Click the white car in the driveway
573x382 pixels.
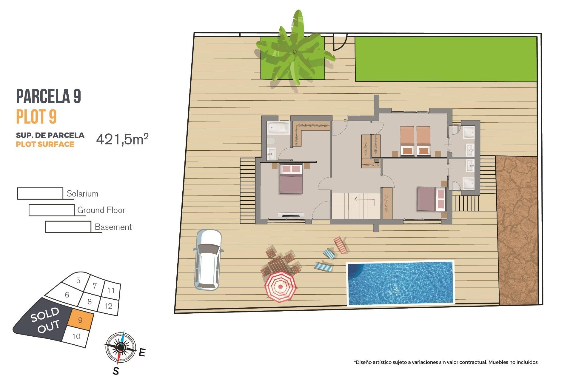(x=208, y=260)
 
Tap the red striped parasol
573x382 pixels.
(x=280, y=286)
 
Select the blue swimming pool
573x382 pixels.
(x=401, y=283)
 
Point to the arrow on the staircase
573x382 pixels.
(x=364, y=199)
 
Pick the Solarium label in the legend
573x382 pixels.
(x=82, y=194)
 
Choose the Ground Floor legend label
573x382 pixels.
(x=101, y=210)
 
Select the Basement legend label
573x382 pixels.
(x=113, y=227)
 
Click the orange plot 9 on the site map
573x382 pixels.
(x=80, y=320)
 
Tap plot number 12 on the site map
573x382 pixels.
(x=108, y=306)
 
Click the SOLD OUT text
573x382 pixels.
(x=45, y=320)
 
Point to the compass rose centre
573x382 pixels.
(x=121, y=347)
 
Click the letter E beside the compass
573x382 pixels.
(x=142, y=352)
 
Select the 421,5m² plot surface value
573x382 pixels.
(x=122, y=139)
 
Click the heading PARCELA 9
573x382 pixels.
(x=48, y=96)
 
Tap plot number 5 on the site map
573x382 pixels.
(x=78, y=280)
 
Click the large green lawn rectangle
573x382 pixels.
(x=446, y=59)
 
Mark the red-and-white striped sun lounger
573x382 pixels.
(x=340, y=245)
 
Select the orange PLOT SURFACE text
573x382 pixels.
(x=45, y=144)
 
